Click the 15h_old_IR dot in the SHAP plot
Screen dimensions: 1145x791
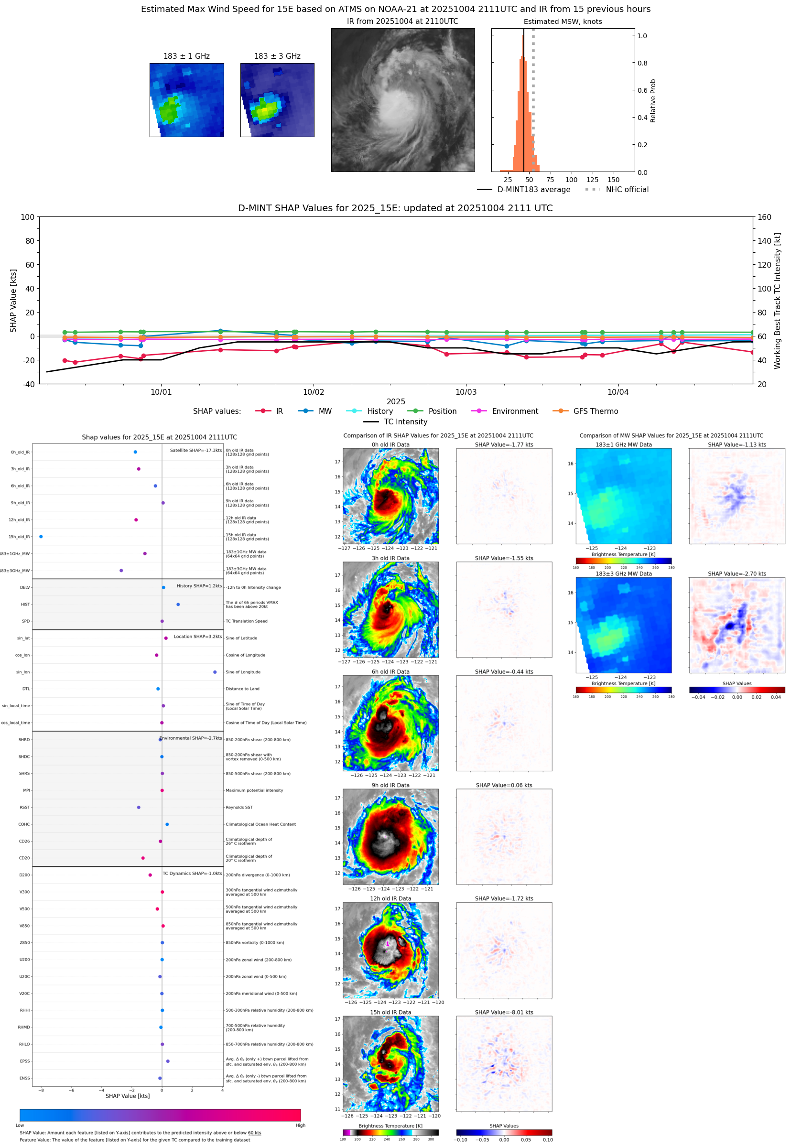coord(41,537)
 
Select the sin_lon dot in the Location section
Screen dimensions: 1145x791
coord(215,672)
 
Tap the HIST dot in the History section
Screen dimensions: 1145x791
coord(178,605)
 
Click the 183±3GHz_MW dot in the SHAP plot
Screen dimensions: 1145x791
coord(121,570)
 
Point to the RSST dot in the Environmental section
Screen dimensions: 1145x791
coord(139,807)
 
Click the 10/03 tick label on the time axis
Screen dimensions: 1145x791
coord(466,392)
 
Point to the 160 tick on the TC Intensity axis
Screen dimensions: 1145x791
coord(764,217)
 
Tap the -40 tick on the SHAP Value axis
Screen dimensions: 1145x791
coord(28,384)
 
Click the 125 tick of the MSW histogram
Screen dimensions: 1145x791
coord(592,180)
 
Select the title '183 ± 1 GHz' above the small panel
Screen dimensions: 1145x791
coord(186,56)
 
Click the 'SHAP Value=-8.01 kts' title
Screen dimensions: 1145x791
coord(504,1012)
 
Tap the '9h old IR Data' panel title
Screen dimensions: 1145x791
coord(390,785)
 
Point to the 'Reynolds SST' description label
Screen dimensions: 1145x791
coord(239,807)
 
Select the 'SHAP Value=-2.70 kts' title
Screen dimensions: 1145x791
coord(737,574)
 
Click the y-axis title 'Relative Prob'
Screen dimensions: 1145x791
coord(653,100)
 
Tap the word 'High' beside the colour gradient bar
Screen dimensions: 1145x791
coord(300,1125)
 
